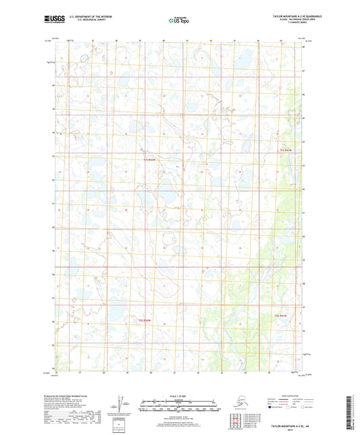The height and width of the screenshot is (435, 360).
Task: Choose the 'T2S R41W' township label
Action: click(x=282, y=316)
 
